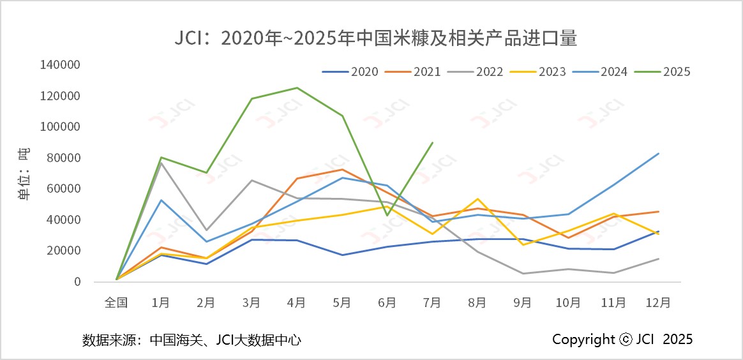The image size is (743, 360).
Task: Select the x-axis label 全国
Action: [116, 303]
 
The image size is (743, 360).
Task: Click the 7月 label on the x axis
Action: [432, 303]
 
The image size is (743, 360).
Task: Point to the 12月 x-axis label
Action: [658, 303]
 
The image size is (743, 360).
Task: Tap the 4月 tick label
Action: [297, 303]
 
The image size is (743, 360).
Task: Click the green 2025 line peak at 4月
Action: [297, 87]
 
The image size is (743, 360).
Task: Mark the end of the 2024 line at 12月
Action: [659, 153]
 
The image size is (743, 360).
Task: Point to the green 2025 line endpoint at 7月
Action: [432, 142]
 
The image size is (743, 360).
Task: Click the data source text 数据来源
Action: [191, 340]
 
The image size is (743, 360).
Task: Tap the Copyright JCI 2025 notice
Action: [622, 339]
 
